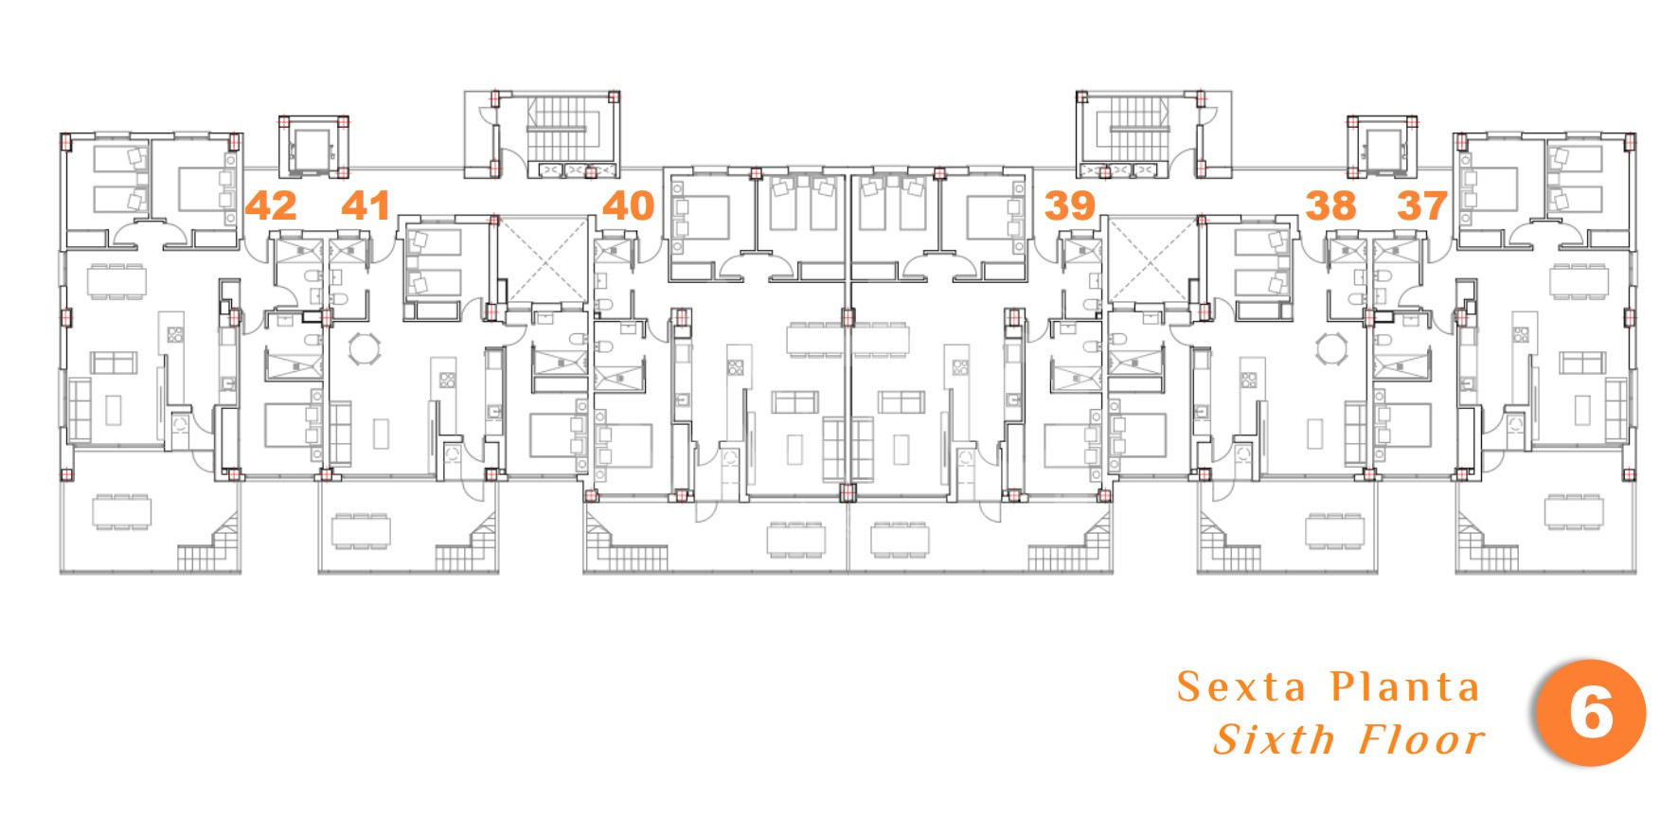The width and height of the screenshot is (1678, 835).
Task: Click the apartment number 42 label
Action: [271, 205]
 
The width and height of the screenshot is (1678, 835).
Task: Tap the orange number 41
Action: [366, 205]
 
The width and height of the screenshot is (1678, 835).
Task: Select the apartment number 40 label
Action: [628, 205]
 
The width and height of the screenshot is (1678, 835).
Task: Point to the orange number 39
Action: [1070, 205]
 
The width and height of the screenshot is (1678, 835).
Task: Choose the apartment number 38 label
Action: [1330, 205]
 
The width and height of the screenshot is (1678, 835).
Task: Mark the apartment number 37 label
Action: [1422, 205]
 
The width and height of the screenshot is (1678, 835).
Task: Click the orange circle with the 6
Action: [1591, 712]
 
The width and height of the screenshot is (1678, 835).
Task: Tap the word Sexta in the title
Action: [1241, 686]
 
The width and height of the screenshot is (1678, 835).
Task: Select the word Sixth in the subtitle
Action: [1275, 739]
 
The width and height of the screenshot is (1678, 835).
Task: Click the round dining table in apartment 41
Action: [364, 348]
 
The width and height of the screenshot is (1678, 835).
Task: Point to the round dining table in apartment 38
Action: [1331, 348]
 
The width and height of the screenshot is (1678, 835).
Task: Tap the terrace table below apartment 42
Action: [121, 511]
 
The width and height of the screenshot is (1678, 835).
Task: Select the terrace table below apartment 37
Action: [1574, 511]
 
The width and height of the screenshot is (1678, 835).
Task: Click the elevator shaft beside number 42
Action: [313, 147]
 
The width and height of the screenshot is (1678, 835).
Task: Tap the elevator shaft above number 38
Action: [1382, 147]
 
